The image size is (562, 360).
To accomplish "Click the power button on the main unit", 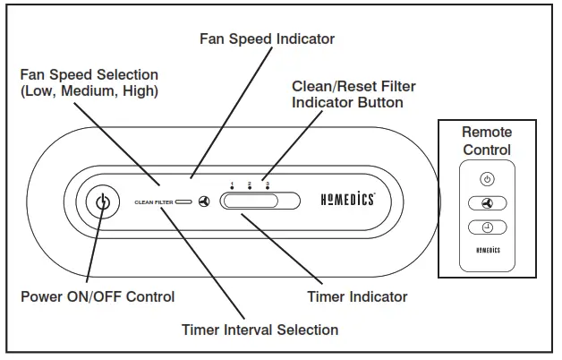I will pyautogui.click(x=103, y=202).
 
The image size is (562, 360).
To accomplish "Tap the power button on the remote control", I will pyautogui.click(x=487, y=179).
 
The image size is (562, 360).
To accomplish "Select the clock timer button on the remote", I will pyautogui.click(x=487, y=227).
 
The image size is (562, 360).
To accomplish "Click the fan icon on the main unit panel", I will pyautogui.click(x=204, y=202).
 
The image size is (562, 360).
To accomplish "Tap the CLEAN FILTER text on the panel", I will pyautogui.click(x=153, y=202).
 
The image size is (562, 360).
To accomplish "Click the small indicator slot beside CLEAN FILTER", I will pyautogui.click(x=184, y=202).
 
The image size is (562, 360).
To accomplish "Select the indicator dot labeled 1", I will pyautogui.click(x=232, y=189).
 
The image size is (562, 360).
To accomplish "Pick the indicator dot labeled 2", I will pyautogui.click(x=249, y=189).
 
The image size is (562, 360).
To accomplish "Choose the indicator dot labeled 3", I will pyautogui.click(x=267, y=189).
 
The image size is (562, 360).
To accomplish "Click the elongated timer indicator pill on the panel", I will pyautogui.click(x=251, y=202).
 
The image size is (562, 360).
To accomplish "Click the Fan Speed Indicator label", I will pyautogui.click(x=267, y=39).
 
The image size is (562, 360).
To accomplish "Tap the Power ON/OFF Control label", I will pyautogui.click(x=98, y=296).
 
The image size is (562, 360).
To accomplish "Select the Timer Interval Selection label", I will pyautogui.click(x=260, y=330).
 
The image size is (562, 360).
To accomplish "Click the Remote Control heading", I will pyautogui.click(x=487, y=141).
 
